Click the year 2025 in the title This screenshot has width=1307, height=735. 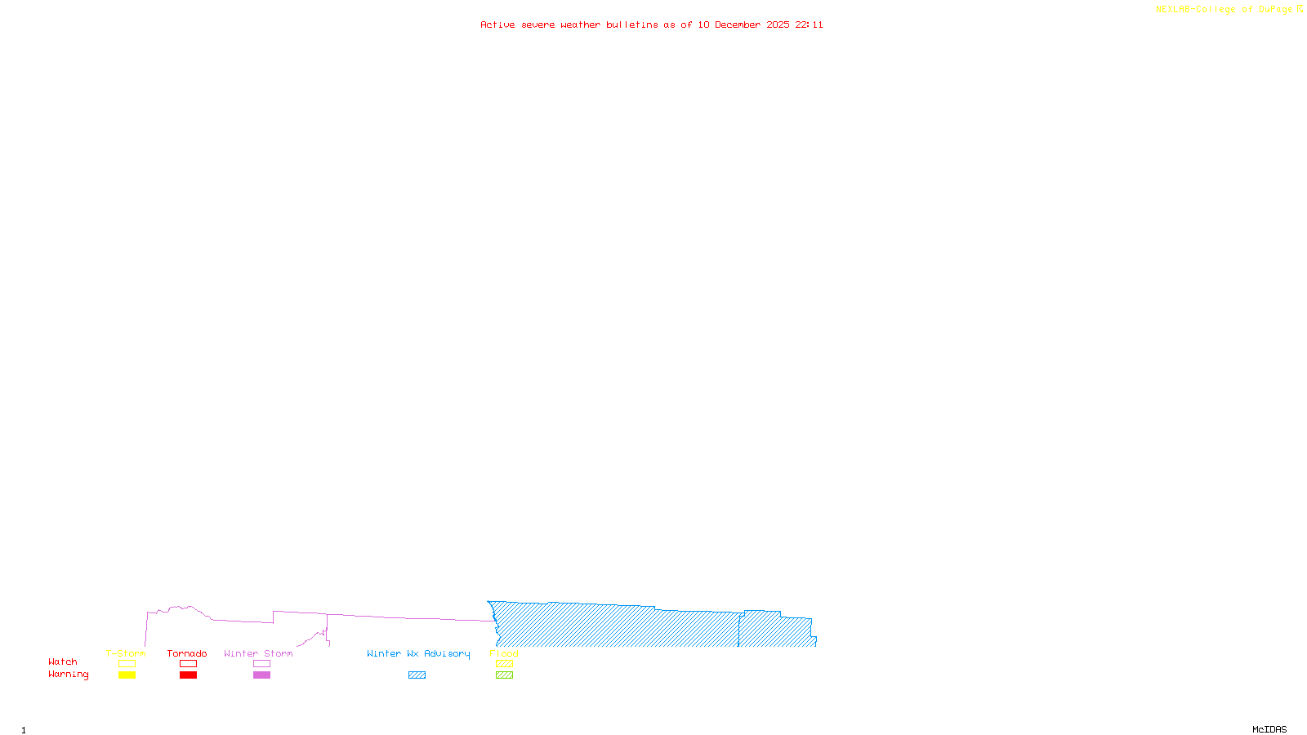pos(778,24)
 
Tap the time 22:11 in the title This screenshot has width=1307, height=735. pos(810,24)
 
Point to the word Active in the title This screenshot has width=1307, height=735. pos(497,24)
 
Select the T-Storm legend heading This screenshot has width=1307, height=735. pos(126,653)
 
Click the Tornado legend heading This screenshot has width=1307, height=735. pos(187,653)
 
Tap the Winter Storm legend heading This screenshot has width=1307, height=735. pos(258,653)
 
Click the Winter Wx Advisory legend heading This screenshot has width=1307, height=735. pos(418,653)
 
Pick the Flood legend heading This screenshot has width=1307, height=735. pos(504,653)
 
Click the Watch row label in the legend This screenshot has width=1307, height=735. pos(63,661)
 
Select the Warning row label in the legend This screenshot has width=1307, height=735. pos(68,675)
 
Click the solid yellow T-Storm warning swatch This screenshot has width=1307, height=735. pos(127,675)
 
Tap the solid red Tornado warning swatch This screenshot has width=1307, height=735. pos(188,675)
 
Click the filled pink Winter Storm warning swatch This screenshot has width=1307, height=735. pos(261,675)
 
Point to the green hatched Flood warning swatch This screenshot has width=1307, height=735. pos(504,675)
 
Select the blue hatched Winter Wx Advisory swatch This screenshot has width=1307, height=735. pos(417,675)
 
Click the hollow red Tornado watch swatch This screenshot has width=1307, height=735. pos(188,664)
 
